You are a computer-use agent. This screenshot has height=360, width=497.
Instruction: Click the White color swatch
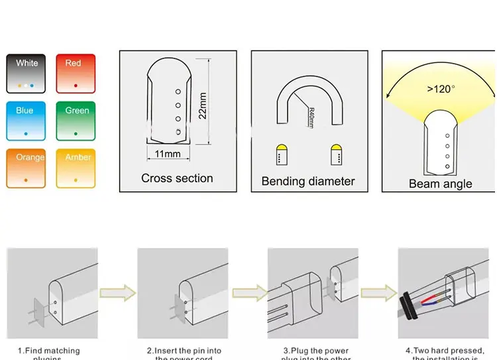[27, 73]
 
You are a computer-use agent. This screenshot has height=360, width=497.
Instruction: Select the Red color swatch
[75, 73]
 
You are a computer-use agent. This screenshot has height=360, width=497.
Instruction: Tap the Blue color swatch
[27, 121]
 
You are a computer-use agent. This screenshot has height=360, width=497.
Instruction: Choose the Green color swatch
[75, 121]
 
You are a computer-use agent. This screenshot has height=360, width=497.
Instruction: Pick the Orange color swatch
[27, 168]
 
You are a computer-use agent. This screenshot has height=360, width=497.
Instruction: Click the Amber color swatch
[75, 168]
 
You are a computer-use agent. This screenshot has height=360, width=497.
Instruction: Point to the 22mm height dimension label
[203, 105]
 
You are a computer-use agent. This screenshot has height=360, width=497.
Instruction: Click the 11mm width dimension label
[168, 154]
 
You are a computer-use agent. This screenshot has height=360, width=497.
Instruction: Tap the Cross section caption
[177, 178]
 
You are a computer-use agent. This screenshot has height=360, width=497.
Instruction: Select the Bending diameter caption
[308, 181]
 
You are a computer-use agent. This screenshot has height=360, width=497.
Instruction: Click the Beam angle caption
[440, 184]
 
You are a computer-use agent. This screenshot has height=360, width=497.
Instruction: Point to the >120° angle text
[441, 89]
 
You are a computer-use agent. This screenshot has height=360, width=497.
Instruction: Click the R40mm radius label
[311, 119]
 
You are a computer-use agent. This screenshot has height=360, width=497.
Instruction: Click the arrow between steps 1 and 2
[117, 292]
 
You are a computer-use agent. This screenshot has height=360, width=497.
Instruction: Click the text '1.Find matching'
[48, 351]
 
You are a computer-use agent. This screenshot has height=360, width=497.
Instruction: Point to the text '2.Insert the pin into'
[184, 351]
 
